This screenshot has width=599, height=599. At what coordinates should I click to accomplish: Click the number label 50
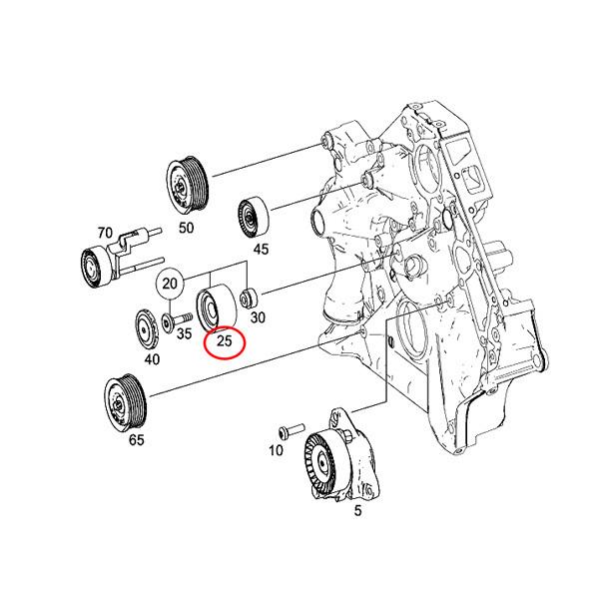tap(185, 228)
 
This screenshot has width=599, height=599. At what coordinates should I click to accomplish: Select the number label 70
tap(104, 233)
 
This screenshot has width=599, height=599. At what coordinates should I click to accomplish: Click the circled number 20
tap(171, 284)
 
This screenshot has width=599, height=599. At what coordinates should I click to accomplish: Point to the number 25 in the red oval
tap(224, 342)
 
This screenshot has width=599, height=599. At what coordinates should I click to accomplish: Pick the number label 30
tap(257, 318)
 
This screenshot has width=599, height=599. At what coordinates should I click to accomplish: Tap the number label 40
tap(151, 359)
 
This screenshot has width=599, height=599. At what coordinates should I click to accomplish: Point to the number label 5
tap(330, 510)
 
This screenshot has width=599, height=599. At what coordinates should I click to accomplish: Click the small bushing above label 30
tap(251, 298)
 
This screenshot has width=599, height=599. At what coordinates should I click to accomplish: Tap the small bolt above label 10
tap(288, 430)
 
